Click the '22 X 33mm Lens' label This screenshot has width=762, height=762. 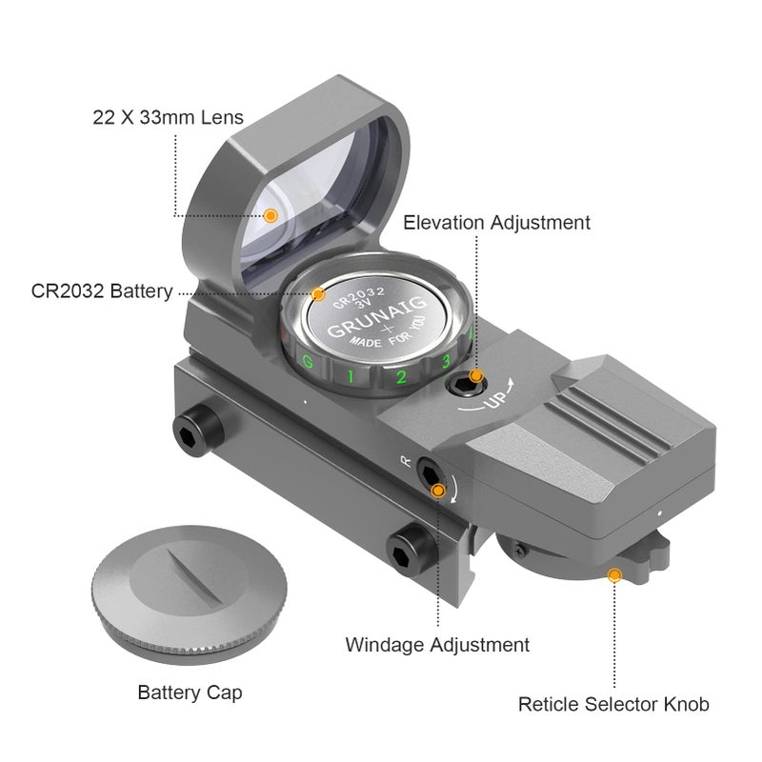click(169, 117)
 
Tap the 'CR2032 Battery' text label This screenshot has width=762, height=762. click(102, 291)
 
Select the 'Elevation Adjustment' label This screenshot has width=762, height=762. click(496, 223)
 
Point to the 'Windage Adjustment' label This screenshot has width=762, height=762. click(437, 645)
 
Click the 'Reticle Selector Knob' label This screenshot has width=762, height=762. click(613, 704)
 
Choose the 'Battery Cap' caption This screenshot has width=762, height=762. click(190, 692)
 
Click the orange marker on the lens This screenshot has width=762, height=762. click(271, 215)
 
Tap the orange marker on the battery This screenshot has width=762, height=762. click(318, 294)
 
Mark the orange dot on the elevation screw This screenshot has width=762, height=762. click(476, 375)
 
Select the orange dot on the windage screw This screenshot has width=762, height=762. click(438, 491)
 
